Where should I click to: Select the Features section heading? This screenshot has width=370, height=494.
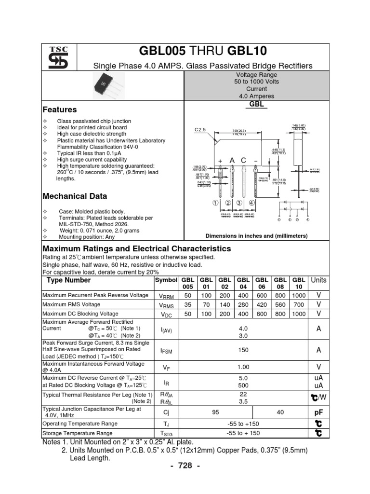pos(60,110)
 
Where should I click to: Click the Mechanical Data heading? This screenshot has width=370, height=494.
pos(75,196)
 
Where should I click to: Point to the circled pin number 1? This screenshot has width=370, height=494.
pos(215,203)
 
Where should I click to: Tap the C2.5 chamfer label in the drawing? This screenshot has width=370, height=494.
pos(200,130)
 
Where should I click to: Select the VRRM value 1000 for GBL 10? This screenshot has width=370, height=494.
pos(299,295)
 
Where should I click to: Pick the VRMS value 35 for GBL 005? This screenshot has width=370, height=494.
pos(188,305)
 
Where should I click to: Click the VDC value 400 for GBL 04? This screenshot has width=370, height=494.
pos(243,314)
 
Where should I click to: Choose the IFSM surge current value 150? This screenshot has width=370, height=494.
pos(243,350)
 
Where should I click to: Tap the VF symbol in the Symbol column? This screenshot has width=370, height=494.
pos(166,368)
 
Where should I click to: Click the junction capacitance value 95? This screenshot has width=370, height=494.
pos(215,413)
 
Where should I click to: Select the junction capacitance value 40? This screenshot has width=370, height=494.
pos(280,413)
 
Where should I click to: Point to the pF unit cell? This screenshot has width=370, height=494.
pos(318,413)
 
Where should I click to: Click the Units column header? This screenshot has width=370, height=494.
pos(318,280)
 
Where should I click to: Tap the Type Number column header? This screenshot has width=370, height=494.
pos(68,280)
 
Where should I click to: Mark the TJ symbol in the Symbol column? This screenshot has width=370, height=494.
pos(166,424)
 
